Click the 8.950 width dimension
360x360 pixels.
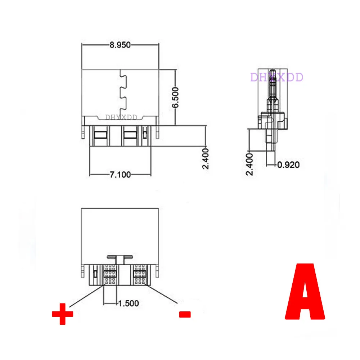[120, 45]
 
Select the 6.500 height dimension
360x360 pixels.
[175, 97]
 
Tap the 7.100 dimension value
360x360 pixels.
[120, 175]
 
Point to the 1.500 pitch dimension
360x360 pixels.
[129, 303]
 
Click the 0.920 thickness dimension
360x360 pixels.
[288, 165]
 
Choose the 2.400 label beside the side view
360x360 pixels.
[250, 163]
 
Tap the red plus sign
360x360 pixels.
[63, 314]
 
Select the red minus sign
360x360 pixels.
[185, 314]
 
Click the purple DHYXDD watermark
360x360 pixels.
[277, 77]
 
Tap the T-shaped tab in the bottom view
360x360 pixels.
[119, 258]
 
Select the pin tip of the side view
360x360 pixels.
[273, 72]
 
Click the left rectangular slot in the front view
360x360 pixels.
[99, 135]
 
